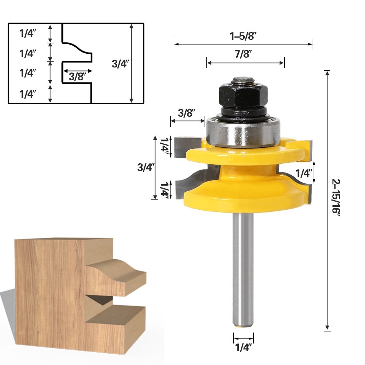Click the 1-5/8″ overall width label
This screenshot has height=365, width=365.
point(243,36)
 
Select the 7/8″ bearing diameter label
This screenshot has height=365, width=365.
point(244,55)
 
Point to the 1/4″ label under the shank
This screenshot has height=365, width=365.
point(243,348)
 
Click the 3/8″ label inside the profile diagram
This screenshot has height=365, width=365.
point(77,77)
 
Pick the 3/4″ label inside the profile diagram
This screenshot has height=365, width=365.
point(120,64)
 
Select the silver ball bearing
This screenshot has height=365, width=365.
point(244,132)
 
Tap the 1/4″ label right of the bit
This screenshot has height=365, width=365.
point(304,173)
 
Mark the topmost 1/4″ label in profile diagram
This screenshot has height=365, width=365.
point(28,34)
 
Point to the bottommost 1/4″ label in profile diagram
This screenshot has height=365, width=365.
point(28,94)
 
